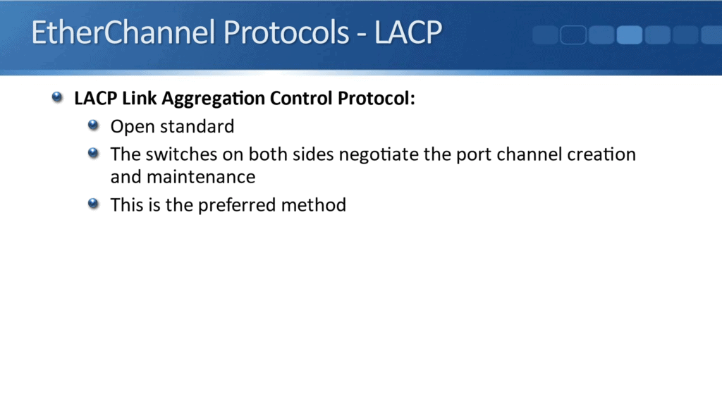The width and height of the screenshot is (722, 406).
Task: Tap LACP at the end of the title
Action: pos(408,33)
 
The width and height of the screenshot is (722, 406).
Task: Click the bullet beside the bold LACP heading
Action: pos(58,98)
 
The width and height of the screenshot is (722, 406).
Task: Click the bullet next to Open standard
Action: pos(94,126)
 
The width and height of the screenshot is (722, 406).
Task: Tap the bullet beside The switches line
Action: pos(94,153)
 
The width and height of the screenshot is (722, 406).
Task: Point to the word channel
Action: pos(530,154)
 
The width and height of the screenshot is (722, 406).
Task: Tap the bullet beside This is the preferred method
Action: pos(94,204)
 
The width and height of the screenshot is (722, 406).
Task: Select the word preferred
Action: pos(233,206)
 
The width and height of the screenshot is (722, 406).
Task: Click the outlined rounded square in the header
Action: pos(573,35)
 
